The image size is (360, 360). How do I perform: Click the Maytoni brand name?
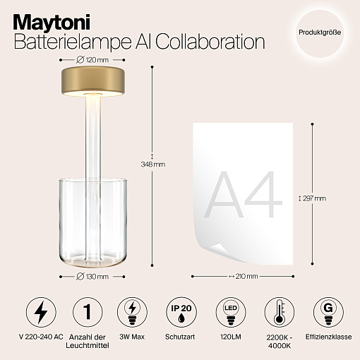pos(52,23)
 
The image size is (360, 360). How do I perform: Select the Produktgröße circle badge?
pos(320,32)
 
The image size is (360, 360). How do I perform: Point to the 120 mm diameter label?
pos(92,60)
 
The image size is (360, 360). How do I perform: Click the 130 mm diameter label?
pos(92,277)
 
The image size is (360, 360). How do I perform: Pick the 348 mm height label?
pos(153,164)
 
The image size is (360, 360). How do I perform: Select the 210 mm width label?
pos(244,276)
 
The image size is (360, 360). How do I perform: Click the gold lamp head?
pos(93,81)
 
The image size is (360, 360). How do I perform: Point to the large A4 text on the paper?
pos(244,195)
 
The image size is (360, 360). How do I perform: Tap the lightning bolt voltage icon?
pos(41,312)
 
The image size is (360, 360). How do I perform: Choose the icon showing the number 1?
pos(88,312)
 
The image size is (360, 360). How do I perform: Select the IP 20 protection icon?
pos(181,312)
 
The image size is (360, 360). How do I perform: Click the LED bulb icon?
pos(231,312)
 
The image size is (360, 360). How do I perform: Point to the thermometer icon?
pos(280,312)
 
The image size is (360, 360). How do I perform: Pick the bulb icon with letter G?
pos(328,312)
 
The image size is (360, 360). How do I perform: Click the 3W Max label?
pos(132,337)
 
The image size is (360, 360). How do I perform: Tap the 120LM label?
pos(231,337)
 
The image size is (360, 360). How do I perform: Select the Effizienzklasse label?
pos(328,337)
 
